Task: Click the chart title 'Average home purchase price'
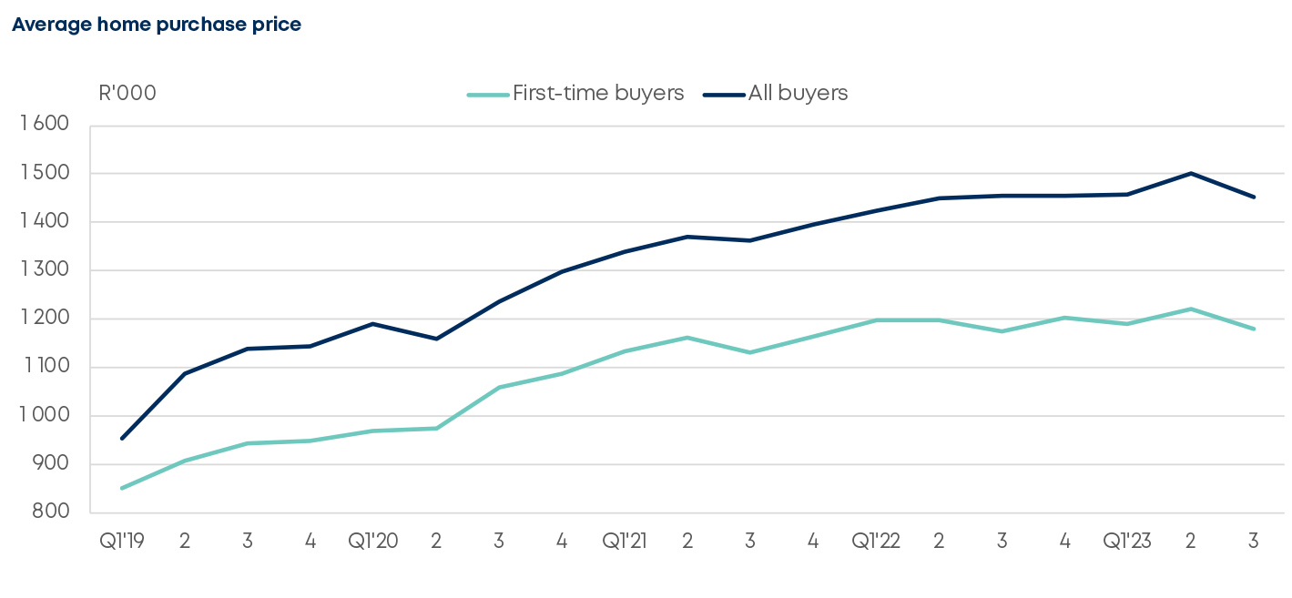point(156,25)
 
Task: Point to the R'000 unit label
point(127,93)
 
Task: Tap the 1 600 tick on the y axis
point(45,125)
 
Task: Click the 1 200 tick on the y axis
point(45,319)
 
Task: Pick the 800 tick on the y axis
point(51,512)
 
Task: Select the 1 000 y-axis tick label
point(45,416)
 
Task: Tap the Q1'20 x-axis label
point(373,541)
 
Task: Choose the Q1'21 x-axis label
point(625,541)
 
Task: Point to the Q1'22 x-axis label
point(876,541)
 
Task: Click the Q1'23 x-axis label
point(1127,541)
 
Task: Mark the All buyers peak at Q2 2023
point(1190,173)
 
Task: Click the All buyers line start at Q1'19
point(122,438)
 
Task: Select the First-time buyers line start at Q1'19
point(122,488)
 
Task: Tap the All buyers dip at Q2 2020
point(436,339)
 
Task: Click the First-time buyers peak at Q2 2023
point(1190,309)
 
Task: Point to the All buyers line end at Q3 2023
point(1254,197)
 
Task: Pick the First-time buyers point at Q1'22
point(876,320)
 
